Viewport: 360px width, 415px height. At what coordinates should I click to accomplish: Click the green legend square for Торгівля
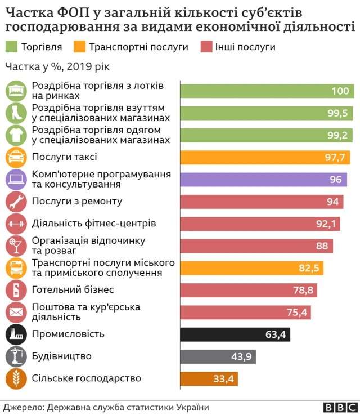(x=11, y=47)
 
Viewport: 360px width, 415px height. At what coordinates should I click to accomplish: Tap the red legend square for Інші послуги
(x=205, y=47)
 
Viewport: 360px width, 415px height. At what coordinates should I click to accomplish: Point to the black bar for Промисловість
(x=235, y=334)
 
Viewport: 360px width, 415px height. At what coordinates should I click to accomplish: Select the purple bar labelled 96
(x=263, y=180)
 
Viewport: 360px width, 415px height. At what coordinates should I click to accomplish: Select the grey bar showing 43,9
(x=218, y=356)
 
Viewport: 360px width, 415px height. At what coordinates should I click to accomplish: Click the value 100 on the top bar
(x=340, y=91)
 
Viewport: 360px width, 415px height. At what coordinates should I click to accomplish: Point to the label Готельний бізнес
(x=73, y=290)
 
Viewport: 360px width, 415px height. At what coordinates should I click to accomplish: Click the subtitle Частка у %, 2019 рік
(x=57, y=67)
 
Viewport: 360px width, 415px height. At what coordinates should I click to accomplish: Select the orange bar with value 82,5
(x=251, y=268)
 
